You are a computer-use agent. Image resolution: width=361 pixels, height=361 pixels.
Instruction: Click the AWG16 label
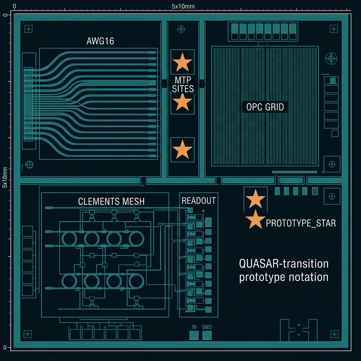[100, 41]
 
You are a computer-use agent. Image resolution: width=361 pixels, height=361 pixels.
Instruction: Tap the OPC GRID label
[265, 107]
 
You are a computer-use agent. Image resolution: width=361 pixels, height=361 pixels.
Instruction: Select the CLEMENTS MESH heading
[111, 201]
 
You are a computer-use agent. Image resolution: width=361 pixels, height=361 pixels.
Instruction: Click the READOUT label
[199, 201]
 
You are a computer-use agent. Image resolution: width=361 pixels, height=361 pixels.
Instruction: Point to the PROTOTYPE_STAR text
[301, 223]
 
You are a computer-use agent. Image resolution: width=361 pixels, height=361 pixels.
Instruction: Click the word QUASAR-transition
[284, 264]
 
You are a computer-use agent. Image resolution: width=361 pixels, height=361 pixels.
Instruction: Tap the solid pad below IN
[194, 335]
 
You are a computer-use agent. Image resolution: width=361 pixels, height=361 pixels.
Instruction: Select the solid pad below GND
[207, 335]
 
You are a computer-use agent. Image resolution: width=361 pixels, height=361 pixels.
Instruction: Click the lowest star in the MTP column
[182, 150]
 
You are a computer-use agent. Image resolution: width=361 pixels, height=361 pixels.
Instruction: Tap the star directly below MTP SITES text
[182, 103]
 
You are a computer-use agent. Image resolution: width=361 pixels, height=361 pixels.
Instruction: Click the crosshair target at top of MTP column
[181, 29]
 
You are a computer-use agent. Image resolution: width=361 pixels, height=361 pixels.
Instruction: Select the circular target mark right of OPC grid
[331, 58]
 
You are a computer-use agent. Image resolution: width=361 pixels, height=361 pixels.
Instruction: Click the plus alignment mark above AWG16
[28, 29]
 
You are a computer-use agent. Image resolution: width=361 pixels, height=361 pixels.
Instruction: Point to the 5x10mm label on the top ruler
[183, 6]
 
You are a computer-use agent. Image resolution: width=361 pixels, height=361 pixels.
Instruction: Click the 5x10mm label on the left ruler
[5, 177]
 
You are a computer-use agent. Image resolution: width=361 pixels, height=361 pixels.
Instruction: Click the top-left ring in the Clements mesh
[69, 239]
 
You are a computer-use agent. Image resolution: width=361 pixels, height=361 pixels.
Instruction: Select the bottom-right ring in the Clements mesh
[136, 281]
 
